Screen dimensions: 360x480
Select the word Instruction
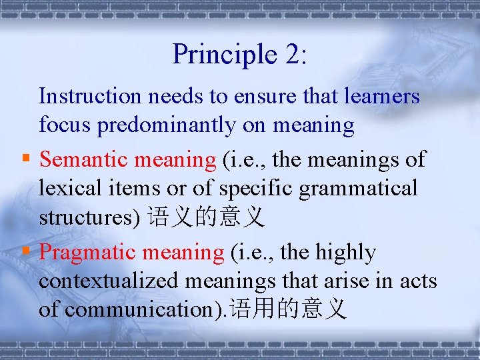click(91, 97)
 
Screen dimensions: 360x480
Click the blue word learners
click(382, 97)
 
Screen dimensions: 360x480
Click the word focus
click(65, 125)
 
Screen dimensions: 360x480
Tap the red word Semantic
click(85, 159)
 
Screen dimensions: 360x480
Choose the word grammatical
click(358, 189)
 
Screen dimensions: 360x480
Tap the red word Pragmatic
click(87, 253)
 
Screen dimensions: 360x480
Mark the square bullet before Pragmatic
click(25, 252)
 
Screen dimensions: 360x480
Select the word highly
click(345, 253)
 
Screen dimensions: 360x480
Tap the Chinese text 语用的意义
click(288, 310)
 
